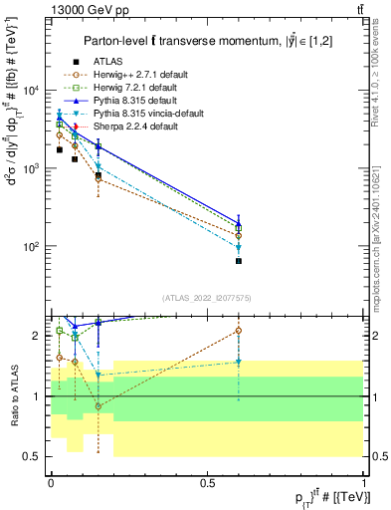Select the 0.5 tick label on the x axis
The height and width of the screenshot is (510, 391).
[207, 482]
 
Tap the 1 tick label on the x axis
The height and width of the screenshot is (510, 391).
[364, 482]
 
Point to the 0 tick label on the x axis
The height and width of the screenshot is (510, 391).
[51, 482]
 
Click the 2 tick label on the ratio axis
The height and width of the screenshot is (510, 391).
[37, 336]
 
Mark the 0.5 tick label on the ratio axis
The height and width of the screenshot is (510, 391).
[32, 456]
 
